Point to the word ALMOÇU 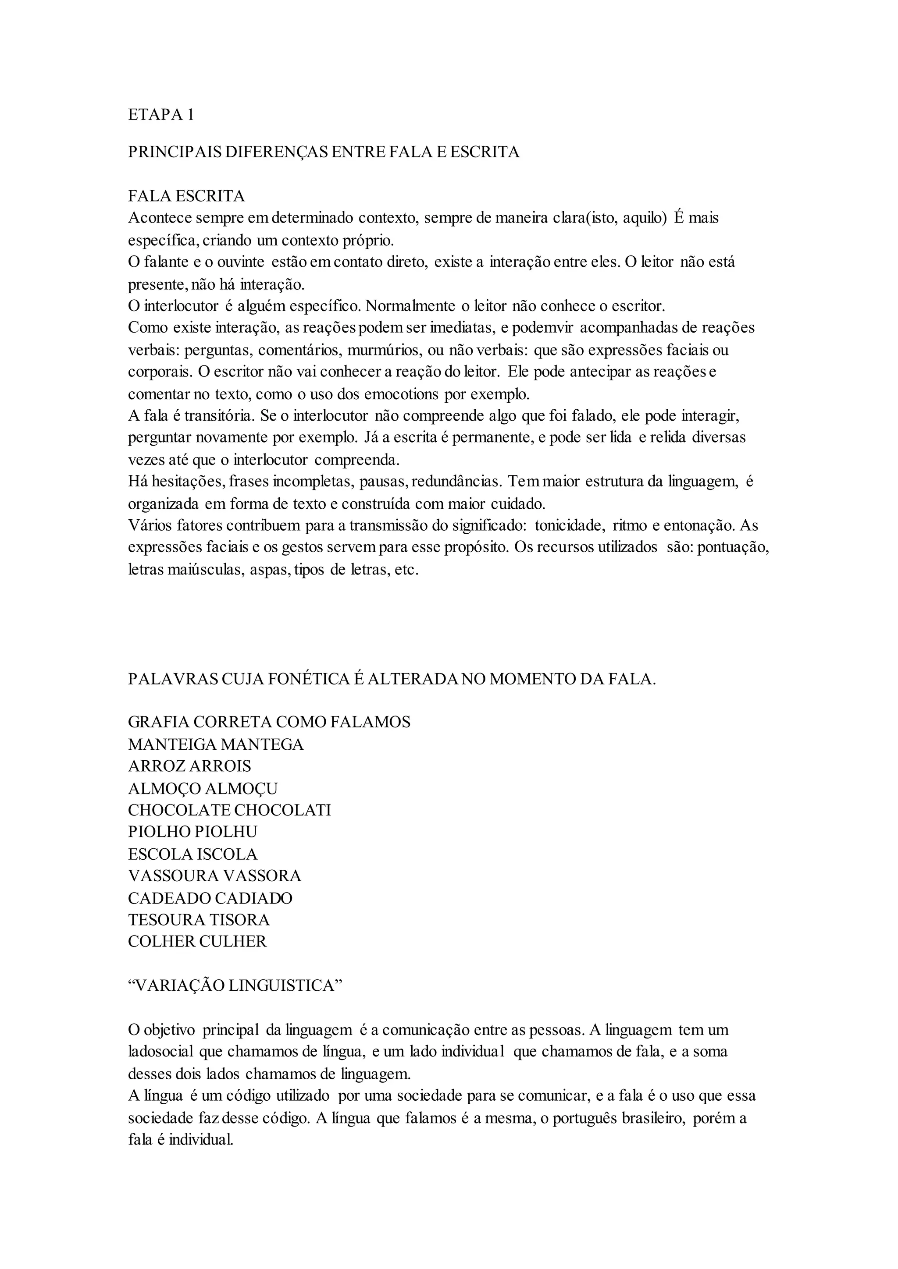(x=241, y=788)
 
